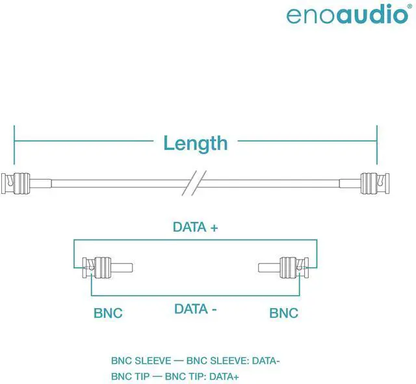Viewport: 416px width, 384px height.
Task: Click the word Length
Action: click(x=195, y=143)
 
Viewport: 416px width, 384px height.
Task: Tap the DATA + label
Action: click(x=195, y=227)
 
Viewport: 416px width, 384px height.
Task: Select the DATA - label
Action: click(x=195, y=309)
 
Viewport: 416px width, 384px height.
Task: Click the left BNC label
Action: click(x=108, y=313)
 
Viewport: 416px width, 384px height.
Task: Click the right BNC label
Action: click(x=283, y=313)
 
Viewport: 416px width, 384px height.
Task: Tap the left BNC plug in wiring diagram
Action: click(x=101, y=267)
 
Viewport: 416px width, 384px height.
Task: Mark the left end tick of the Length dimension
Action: click(x=14, y=143)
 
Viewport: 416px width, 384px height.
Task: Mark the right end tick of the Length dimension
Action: click(x=376, y=143)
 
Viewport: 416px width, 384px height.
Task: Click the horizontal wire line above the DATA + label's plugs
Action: click(x=195, y=241)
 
